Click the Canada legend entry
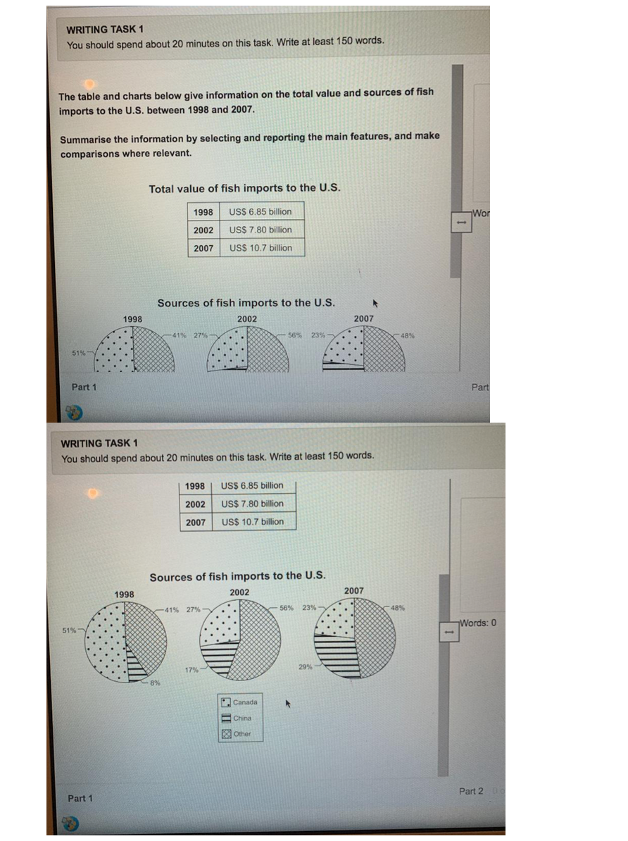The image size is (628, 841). pos(245,702)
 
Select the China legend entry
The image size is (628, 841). pos(242,718)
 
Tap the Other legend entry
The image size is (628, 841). pos(242,734)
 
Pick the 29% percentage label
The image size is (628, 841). pos(306,666)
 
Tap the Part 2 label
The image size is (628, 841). pos(471,791)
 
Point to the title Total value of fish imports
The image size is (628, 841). pos(244,188)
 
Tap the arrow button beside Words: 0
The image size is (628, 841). pos(446,633)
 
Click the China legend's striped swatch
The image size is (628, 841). pos(227,718)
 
